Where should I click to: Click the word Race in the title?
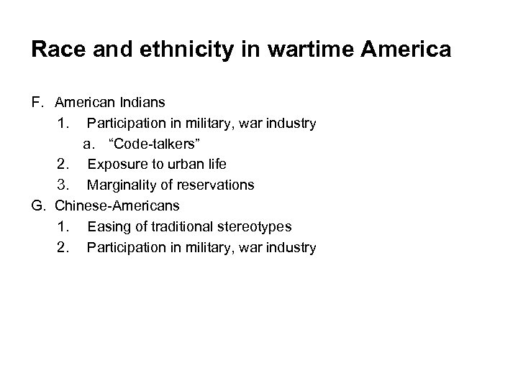click(54, 50)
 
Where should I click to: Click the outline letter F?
click(37, 103)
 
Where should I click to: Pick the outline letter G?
click(37, 206)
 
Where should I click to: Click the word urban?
click(184, 165)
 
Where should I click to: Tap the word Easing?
click(106, 227)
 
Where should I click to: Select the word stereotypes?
click(252, 227)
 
